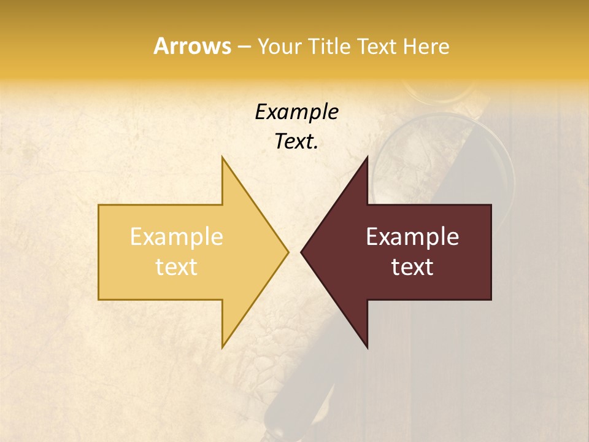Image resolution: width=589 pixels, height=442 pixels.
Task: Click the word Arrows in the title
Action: (x=191, y=46)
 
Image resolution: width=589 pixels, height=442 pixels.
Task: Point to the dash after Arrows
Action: (x=244, y=47)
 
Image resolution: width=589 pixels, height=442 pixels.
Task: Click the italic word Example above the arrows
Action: (x=296, y=112)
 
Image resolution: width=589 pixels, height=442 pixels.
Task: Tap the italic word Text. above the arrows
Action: (x=296, y=142)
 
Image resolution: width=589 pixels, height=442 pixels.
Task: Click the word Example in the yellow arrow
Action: (x=176, y=237)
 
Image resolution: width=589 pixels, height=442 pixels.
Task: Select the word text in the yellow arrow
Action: (x=176, y=267)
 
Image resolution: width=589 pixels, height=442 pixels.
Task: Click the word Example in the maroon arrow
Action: (x=412, y=237)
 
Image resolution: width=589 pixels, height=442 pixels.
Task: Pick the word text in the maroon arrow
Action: (x=412, y=267)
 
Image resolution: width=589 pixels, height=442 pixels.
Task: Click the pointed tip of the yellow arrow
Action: (x=288, y=252)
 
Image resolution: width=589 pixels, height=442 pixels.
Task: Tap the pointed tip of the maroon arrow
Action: (x=301, y=252)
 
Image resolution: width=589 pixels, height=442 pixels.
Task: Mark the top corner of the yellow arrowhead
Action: (x=222, y=158)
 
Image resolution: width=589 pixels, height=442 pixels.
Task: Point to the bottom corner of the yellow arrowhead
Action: (x=222, y=347)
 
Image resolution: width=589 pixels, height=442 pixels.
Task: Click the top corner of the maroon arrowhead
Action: (x=367, y=158)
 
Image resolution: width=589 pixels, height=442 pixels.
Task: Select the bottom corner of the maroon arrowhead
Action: (x=367, y=347)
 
